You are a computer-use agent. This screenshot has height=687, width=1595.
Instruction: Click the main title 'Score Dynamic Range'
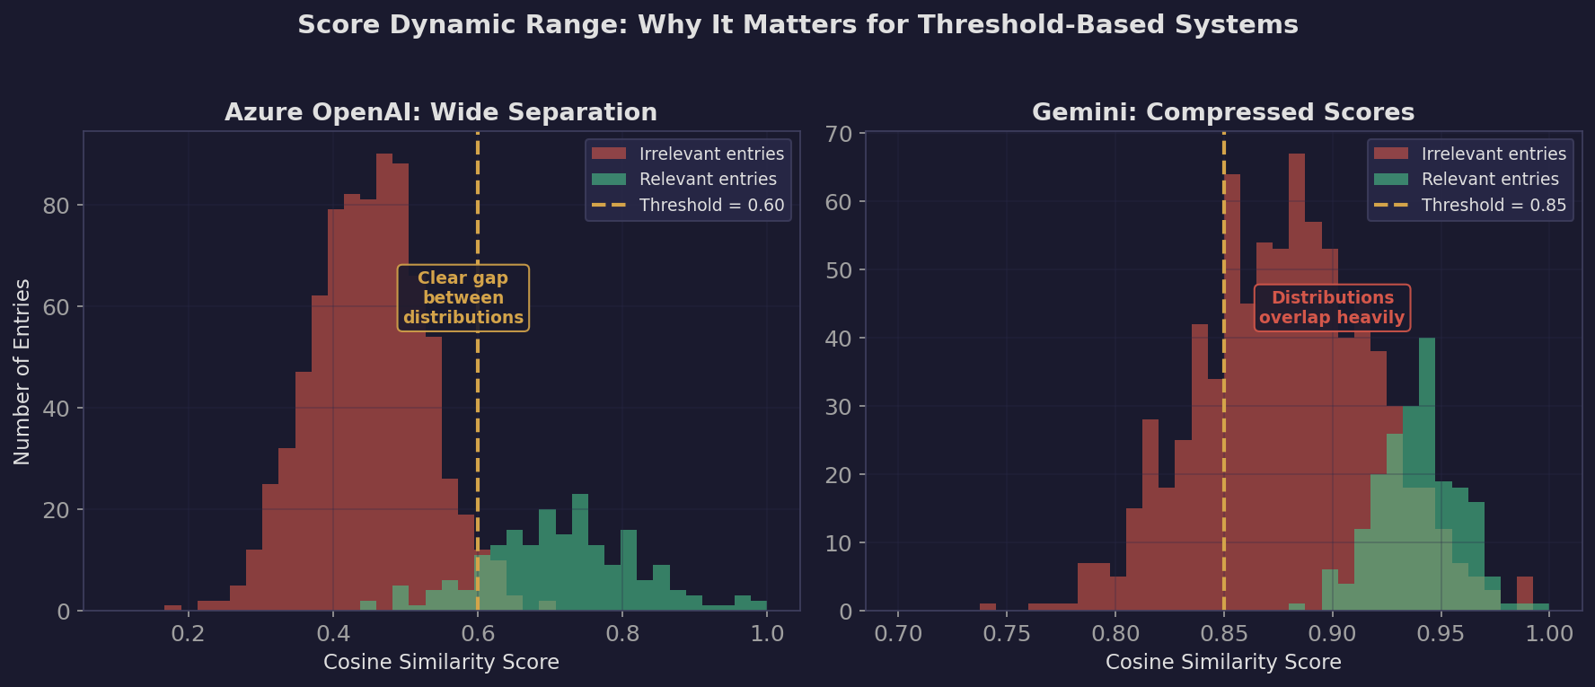click(797, 25)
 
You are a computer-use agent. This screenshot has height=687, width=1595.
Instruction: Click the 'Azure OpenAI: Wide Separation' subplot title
click(440, 112)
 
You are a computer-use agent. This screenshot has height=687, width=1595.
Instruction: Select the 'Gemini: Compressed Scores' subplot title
click(1222, 112)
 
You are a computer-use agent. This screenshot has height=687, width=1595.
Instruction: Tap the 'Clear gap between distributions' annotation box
click(463, 298)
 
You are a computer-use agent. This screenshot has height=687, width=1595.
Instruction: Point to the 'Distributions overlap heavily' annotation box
click(1332, 308)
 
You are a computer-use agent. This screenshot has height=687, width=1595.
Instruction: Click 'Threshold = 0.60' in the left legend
click(710, 206)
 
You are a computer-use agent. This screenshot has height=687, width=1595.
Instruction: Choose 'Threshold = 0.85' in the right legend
click(1493, 206)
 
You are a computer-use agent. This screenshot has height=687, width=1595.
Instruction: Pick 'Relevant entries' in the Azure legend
click(707, 180)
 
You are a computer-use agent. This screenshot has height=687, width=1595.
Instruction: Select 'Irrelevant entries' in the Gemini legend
click(1493, 154)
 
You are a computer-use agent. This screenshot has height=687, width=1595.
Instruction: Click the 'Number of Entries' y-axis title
click(22, 372)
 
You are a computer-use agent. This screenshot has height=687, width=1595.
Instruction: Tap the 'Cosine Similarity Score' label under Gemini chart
click(1222, 663)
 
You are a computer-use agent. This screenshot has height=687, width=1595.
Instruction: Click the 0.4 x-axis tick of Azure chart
click(333, 634)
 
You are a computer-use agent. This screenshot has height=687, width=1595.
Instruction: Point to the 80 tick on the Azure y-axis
click(56, 206)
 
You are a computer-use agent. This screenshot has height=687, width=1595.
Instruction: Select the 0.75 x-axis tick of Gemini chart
click(1007, 634)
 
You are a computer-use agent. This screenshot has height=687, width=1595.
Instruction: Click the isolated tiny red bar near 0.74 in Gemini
click(988, 607)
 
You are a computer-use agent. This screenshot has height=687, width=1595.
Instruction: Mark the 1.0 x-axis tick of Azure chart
click(767, 634)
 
